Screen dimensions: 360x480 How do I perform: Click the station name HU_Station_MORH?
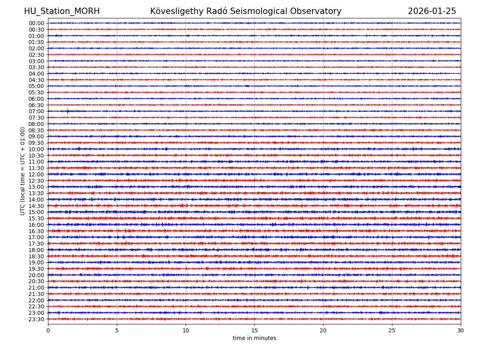click(62, 11)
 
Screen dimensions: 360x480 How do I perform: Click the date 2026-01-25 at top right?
click(432, 11)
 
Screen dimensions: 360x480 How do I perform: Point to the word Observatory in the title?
click(321, 11)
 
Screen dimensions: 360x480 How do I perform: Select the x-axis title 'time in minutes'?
click(254, 338)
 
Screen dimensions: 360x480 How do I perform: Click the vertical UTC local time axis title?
click(23, 171)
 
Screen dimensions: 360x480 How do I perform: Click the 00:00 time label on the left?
click(36, 23)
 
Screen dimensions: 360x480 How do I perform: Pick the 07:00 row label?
click(36, 111)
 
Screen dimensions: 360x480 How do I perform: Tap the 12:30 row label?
click(36, 181)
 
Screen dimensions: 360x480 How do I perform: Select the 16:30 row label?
click(36, 231)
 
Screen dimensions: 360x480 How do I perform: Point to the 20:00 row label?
click(36, 275)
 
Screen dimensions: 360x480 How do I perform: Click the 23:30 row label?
click(36, 319)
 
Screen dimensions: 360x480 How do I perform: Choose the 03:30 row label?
click(36, 67)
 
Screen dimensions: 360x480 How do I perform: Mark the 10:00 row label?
click(36, 149)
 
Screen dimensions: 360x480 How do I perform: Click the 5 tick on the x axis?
click(117, 330)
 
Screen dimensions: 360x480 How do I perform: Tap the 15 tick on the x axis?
click(254, 330)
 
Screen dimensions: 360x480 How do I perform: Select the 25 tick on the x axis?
click(392, 330)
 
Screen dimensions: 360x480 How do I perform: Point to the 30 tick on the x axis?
click(461, 330)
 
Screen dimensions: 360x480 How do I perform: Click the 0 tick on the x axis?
click(48, 330)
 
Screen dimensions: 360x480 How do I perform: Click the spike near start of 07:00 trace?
click(68, 112)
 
